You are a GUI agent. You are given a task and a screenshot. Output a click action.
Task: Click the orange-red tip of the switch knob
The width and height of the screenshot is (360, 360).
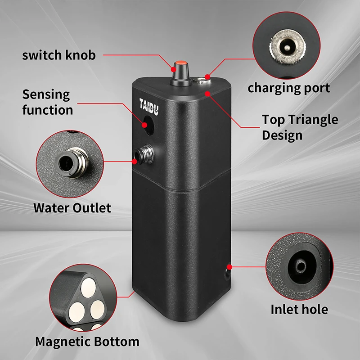point(181,63)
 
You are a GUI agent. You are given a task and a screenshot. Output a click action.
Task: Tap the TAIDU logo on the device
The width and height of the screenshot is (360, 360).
point(149,106)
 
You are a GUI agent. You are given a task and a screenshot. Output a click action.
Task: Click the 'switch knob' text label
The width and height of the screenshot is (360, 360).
point(59,55)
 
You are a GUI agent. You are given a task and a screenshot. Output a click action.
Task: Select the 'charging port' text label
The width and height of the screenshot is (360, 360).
point(288,88)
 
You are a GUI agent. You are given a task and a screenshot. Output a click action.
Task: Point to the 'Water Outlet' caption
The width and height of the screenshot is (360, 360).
point(72,208)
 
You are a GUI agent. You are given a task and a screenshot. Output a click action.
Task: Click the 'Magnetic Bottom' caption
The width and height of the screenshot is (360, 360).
point(87,342)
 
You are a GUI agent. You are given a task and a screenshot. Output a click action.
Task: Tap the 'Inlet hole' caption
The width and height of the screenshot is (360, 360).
point(299,309)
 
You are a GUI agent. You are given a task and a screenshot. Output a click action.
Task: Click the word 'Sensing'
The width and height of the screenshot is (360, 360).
point(46,95)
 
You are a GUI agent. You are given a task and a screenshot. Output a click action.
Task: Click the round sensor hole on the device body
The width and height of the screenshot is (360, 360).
point(148,125)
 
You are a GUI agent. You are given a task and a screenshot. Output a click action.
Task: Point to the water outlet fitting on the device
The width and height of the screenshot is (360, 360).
point(144,154)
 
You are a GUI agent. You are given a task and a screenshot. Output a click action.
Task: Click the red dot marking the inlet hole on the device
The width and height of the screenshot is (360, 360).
point(229,267)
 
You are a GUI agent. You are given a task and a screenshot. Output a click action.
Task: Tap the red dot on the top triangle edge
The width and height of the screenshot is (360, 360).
point(207,94)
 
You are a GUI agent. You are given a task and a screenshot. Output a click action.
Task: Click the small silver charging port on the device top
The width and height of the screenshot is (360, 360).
point(202,81)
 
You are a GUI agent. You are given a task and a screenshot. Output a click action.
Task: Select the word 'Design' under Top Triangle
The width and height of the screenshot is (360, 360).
point(282,135)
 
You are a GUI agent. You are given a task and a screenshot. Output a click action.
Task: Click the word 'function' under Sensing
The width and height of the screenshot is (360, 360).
point(48,110)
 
